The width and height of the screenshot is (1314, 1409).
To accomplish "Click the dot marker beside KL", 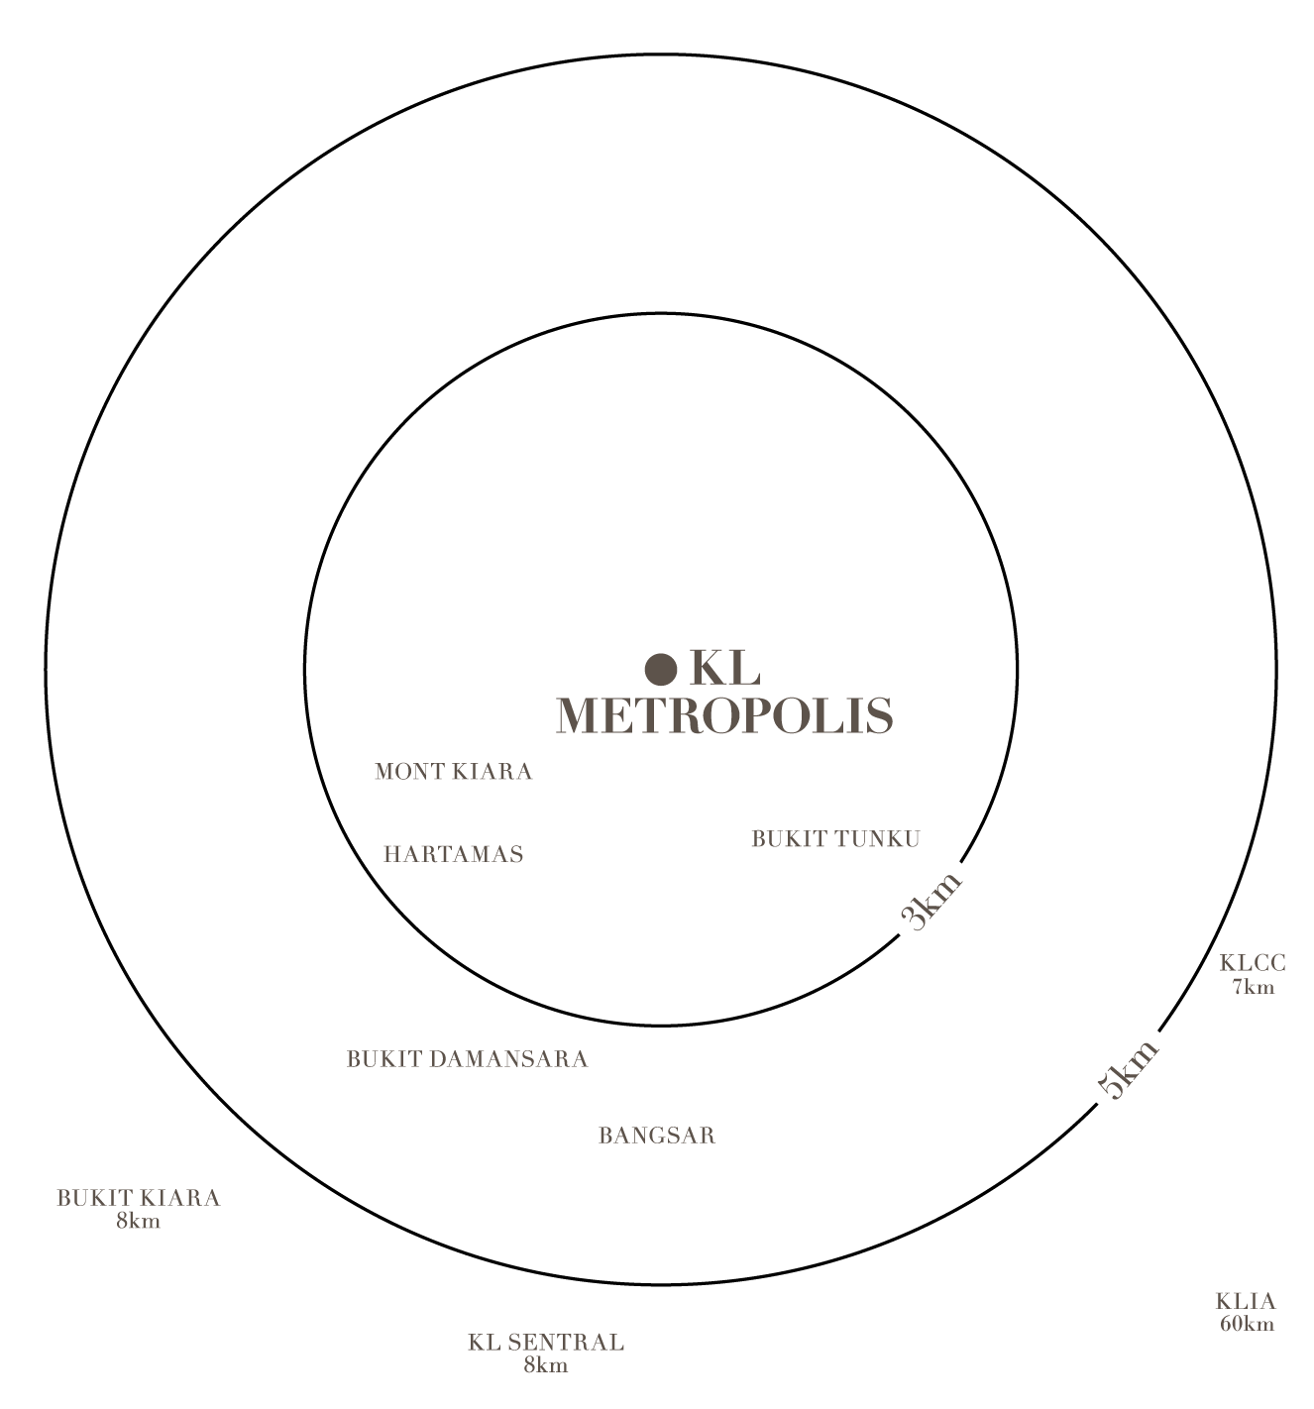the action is (x=660, y=669).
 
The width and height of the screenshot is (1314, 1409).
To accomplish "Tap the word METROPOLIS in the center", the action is (x=724, y=715).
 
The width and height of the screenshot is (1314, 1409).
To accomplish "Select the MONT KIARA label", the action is (x=453, y=771).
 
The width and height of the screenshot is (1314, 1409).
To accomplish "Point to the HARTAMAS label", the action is (x=453, y=853).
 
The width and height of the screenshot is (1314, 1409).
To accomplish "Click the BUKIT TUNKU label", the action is (x=835, y=838).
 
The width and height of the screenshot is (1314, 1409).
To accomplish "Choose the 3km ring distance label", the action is (x=931, y=901).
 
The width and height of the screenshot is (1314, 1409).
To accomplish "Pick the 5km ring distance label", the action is (x=1128, y=1070).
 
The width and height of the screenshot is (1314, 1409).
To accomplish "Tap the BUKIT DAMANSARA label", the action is (x=467, y=1058).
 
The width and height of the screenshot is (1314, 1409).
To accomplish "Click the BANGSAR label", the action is (x=657, y=1136).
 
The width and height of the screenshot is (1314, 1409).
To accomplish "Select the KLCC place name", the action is (x=1253, y=963).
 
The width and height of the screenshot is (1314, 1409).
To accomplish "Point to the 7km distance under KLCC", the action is (x=1253, y=987).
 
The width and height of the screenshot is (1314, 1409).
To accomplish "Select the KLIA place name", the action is (x=1246, y=1301).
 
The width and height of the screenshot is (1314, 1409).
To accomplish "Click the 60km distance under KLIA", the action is (x=1248, y=1324).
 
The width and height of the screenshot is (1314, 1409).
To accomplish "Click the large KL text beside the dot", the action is (x=724, y=669).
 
